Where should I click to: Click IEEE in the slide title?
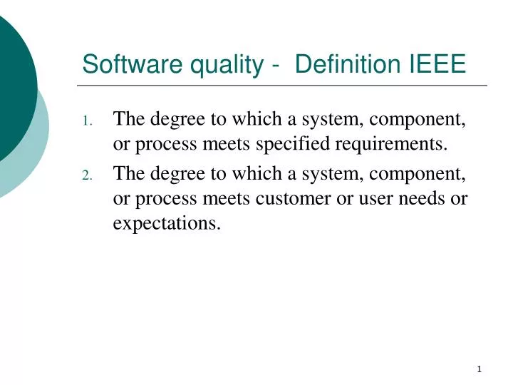437,65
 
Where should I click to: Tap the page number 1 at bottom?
480,369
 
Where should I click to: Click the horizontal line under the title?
285,86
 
